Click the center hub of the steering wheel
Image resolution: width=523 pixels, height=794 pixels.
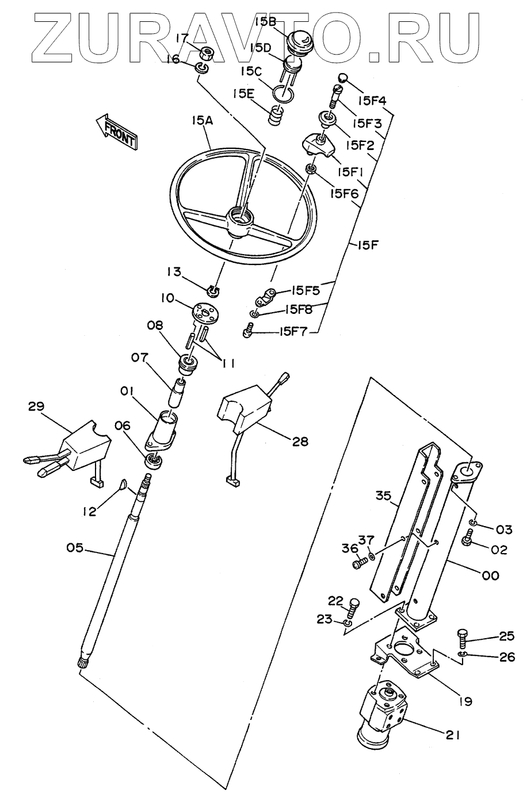(x=240, y=220)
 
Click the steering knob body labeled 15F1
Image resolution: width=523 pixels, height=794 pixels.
(x=318, y=144)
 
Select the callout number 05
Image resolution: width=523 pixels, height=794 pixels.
(x=74, y=548)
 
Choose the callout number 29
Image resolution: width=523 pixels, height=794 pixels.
(x=36, y=406)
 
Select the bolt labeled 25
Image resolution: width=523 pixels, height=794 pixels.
(x=463, y=638)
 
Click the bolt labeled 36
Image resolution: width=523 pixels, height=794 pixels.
(x=358, y=564)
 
